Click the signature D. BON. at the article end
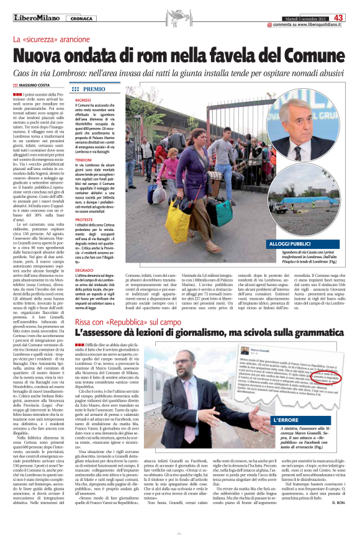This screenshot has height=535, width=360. click(338, 519)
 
